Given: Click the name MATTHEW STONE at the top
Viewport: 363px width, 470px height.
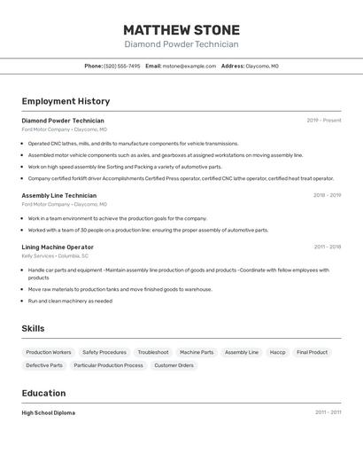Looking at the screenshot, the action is [181, 29].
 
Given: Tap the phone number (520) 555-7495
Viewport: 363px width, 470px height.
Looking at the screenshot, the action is [122, 66].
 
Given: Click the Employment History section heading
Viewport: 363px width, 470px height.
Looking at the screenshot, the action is [66, 101].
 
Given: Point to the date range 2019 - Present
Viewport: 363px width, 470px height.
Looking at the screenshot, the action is [324, 121].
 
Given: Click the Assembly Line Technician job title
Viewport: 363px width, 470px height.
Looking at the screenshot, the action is [59, 195].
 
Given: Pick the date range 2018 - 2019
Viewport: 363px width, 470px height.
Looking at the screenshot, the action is [327, 195].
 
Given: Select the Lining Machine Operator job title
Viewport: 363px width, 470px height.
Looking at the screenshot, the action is [58, 247].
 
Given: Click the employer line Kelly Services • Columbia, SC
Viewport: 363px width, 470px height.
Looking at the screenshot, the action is [55, 255].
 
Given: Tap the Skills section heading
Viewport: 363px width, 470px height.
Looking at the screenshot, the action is [33, 328].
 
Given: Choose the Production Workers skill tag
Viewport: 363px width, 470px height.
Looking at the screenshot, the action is [49, 352].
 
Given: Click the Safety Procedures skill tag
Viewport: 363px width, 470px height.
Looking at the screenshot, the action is [104, 352].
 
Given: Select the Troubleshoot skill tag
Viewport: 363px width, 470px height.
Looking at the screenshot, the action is [153, 352].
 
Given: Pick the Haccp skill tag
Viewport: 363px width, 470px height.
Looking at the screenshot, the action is [277, 352].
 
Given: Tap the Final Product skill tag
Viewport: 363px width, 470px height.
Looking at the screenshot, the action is [312, 352].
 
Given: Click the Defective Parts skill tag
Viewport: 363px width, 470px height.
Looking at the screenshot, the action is [44, 365].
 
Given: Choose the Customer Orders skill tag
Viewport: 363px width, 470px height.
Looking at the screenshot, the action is [174, 365].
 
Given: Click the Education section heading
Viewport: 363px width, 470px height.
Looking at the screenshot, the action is [43, 393].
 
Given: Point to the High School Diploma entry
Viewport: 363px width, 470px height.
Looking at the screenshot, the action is [49, 412].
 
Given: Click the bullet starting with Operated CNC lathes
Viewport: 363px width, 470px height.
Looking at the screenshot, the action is [133, 144].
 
